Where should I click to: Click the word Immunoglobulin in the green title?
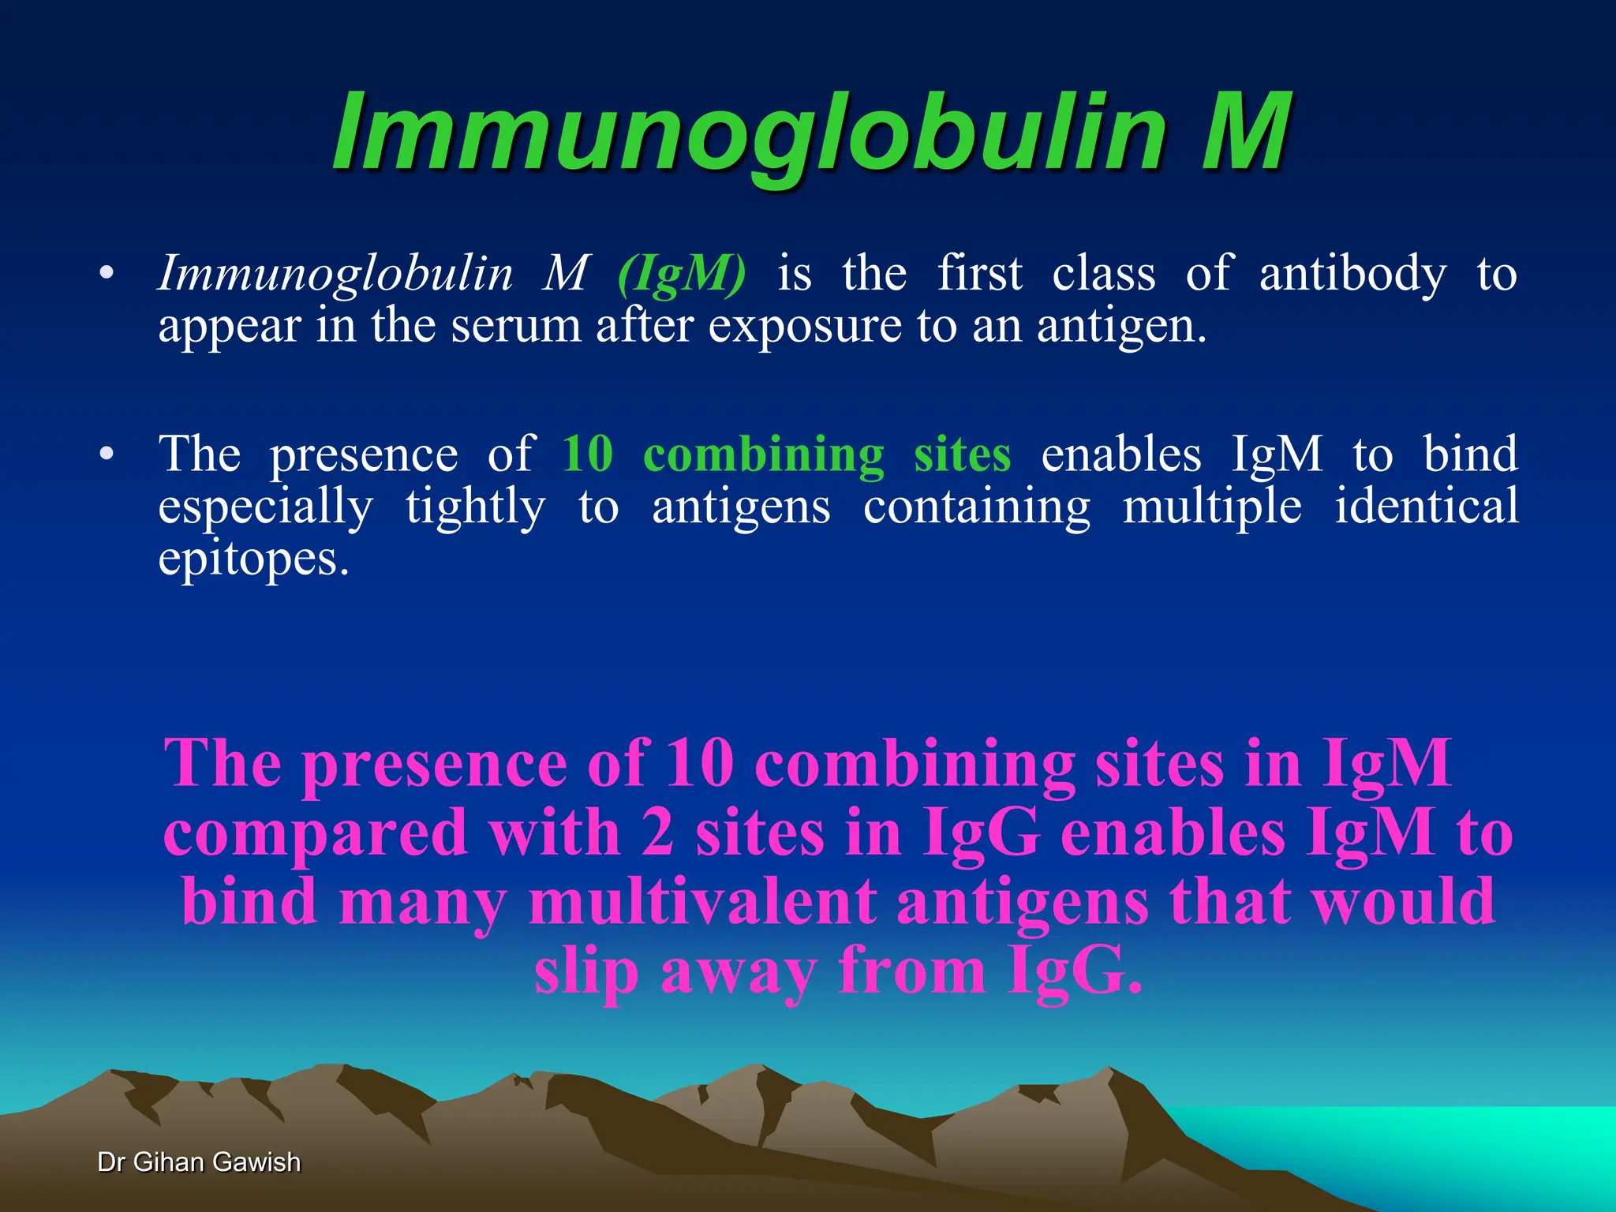tap(749, 134)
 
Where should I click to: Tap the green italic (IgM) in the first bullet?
tap(682, 275)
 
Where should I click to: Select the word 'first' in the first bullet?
tap(979, 274)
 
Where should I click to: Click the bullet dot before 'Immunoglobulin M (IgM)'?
tap(106, 275)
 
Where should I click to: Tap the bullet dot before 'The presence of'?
tap(106, 454)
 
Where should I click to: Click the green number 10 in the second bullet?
tap(587, 454)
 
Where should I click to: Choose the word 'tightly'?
tap(475, 507)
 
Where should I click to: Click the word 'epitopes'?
tap(252, 559)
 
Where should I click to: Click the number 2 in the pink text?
tap(657, 833)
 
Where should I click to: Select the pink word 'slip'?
tap(585, 972)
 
